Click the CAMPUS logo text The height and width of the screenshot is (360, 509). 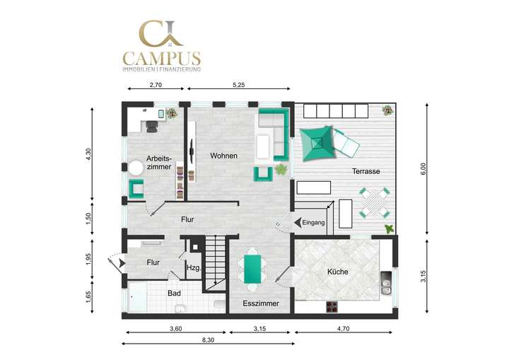pos(161,58)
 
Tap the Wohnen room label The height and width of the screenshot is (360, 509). pos(223,156)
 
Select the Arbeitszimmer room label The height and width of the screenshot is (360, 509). pos(158,163)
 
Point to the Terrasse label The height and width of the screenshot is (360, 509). pos(367,172)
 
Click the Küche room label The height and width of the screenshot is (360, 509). pos(337,272)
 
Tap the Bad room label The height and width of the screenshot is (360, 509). pos(174,293)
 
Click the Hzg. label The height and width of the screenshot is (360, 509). pos(193,268)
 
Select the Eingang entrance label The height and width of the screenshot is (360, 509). pos(313,223)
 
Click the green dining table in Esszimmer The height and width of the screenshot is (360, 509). pos(252,269)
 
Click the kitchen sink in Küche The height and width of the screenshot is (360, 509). pos(386,284)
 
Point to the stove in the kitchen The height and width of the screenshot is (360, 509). pos(332,307)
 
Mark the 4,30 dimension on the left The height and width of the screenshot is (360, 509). pos(88,153)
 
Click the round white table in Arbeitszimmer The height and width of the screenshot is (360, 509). pos(136,167)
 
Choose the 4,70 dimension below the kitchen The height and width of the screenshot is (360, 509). pos(344,329)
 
